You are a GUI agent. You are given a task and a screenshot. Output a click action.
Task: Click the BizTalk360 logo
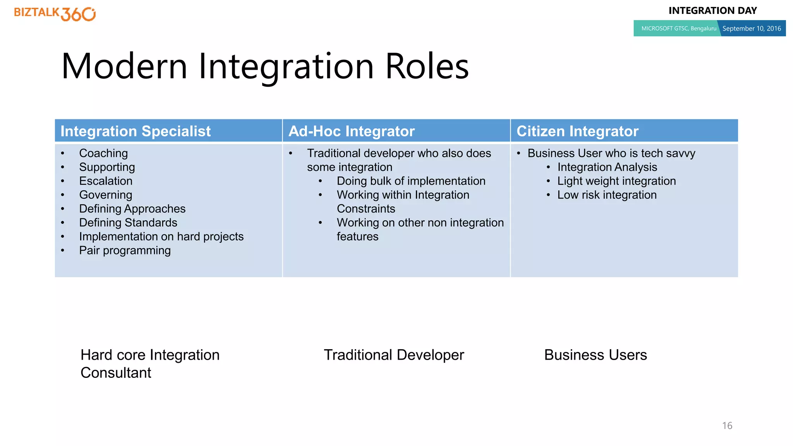(55, 14)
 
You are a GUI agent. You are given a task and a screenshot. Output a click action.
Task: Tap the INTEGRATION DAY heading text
(712, 11)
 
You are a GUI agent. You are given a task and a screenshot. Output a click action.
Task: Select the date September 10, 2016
(751, 29)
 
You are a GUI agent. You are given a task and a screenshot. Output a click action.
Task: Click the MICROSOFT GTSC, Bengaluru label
(678, 29)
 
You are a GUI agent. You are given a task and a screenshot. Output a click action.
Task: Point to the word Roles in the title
(427, 66)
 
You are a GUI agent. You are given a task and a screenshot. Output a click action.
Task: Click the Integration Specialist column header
(136, 131)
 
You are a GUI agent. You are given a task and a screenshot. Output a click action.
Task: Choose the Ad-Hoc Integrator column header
(352, 131)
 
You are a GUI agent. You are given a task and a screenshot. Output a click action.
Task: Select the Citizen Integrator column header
(577, 131)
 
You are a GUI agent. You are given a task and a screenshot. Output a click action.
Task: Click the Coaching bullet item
(103, 153)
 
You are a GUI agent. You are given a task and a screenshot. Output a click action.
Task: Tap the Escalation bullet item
(106, 181)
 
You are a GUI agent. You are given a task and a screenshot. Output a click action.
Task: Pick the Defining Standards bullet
(128, 223)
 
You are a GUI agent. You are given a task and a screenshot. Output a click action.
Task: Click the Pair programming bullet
(125, 250)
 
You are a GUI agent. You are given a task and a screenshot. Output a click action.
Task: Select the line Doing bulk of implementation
(411, 181)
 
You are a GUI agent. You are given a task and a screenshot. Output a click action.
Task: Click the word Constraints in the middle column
(366, 209)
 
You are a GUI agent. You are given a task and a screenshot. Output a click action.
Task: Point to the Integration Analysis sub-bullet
(607, 167)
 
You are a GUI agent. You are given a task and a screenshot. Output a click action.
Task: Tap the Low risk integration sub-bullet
(607, 195)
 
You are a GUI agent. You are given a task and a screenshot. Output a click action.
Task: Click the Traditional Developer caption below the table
(394, 355)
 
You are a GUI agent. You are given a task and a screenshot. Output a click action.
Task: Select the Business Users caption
(596, 355)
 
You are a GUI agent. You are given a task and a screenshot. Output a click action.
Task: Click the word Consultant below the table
(116, 373)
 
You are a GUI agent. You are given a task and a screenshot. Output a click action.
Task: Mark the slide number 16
(727, 426)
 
